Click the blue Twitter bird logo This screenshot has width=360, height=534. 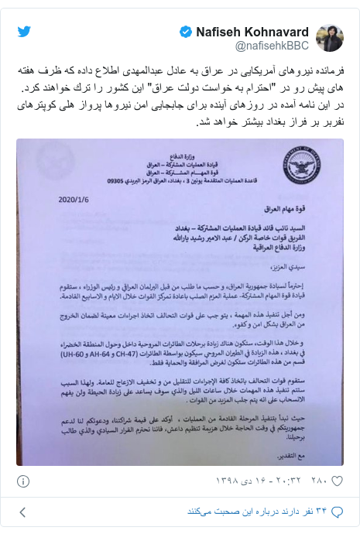[24, 32]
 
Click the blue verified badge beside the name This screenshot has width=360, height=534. [185, 32]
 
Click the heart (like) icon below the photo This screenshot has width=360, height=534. [346, 479]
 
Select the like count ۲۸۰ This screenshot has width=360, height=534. [324, 479]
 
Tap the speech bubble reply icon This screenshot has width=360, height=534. [345, 512]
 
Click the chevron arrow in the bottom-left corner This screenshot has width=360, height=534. [22, 512]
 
